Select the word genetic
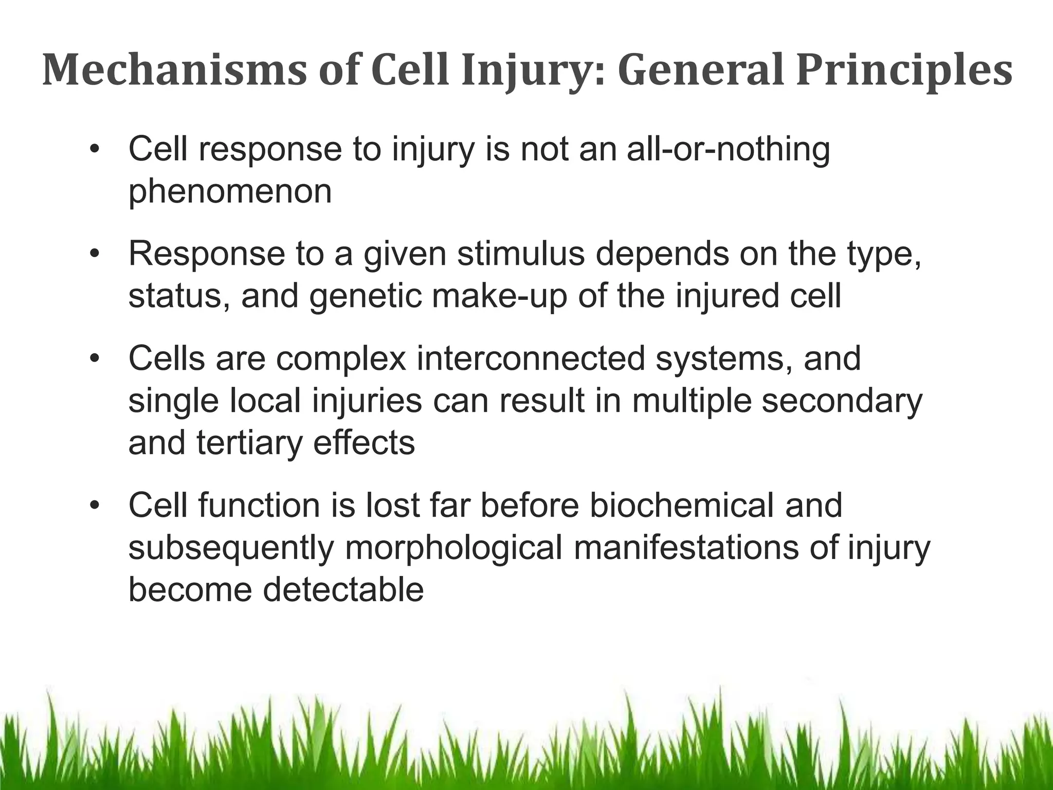pos(365,297)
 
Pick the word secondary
pos(842,401)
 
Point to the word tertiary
pos(249,443)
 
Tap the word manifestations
pos(686,548)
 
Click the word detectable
pos(343,590)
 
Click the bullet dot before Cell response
pos(93,151)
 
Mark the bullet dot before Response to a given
pos(93,255)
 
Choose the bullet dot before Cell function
pos(93,506)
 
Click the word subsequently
pos(231,548)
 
